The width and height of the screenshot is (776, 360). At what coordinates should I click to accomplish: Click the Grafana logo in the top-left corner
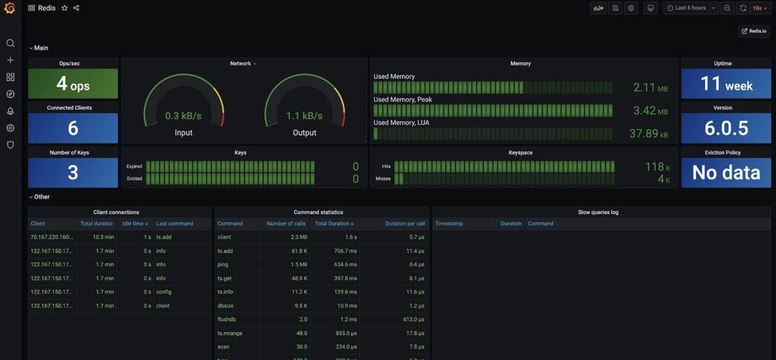pos(10,8)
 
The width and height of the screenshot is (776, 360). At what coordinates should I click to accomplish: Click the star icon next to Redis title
pos(64,8)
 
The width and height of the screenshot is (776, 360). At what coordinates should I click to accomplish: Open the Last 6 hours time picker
pos(691,8)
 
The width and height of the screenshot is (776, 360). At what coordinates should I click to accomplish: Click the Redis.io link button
pos(754,31)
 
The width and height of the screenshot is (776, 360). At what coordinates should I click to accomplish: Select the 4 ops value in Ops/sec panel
pos(73,84)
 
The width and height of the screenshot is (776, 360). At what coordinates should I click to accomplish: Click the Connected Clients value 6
pos(73,129)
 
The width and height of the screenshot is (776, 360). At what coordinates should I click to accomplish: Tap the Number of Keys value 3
pos(73,173)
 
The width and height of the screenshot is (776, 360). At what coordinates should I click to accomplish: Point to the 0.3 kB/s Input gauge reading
pos(183,116)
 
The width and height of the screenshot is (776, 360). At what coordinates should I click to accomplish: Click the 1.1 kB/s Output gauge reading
pos(305,116)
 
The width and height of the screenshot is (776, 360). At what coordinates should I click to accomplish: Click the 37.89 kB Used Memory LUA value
pos(648,134)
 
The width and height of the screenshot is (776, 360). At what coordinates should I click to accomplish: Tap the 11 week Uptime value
pos(726,84)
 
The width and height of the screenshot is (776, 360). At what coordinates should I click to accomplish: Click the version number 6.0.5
pos(726,129)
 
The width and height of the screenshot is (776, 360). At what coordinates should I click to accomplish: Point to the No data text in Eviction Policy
pos(726,173)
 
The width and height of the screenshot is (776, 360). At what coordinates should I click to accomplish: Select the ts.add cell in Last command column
pos(164,237)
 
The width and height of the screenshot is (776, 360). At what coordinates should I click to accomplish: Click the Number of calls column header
pos(285,224)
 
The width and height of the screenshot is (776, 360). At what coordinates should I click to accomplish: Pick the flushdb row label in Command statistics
pos(228,319)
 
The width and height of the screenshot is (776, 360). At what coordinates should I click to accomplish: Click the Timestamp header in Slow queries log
pos(449,224)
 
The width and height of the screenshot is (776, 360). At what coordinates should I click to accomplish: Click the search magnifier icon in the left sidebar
pos(10,43)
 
